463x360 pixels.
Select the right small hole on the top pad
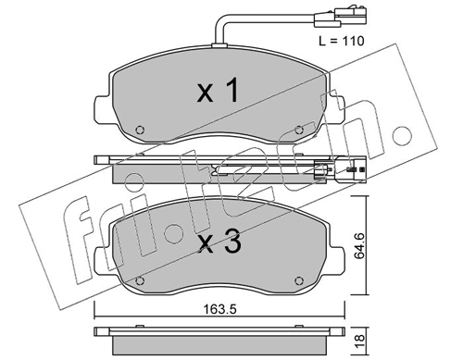298,129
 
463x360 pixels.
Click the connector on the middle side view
324,170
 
